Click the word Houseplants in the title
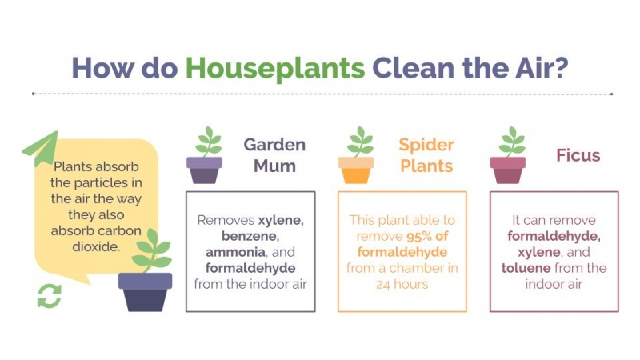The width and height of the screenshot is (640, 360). (275, 69)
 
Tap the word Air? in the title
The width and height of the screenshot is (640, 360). (542, 68)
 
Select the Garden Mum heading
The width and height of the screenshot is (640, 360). (274, 155)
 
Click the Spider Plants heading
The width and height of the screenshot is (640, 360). (426, 155)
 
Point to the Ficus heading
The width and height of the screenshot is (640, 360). (578, 155)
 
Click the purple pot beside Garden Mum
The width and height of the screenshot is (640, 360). (204, 170)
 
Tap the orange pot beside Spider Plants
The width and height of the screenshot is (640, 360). (356, 170)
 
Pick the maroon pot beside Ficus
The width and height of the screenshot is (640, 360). (508, 170)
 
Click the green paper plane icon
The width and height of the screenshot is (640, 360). (41, 148)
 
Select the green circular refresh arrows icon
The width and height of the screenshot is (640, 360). (50, 296)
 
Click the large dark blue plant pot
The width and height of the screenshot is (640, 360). (146, 292)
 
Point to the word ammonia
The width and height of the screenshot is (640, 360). (235, 252)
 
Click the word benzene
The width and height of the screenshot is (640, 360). (250, 236)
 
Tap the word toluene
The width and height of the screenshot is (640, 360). (526, 268)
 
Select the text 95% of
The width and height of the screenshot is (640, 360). (427, 236)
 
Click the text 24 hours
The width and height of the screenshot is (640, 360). (402, 285)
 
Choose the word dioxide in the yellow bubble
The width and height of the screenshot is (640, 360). (96, 246)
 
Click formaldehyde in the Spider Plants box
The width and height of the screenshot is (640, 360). (402, 252)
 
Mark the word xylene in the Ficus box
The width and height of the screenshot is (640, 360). (538, 253)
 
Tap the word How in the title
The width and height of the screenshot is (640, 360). (102, 68)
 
